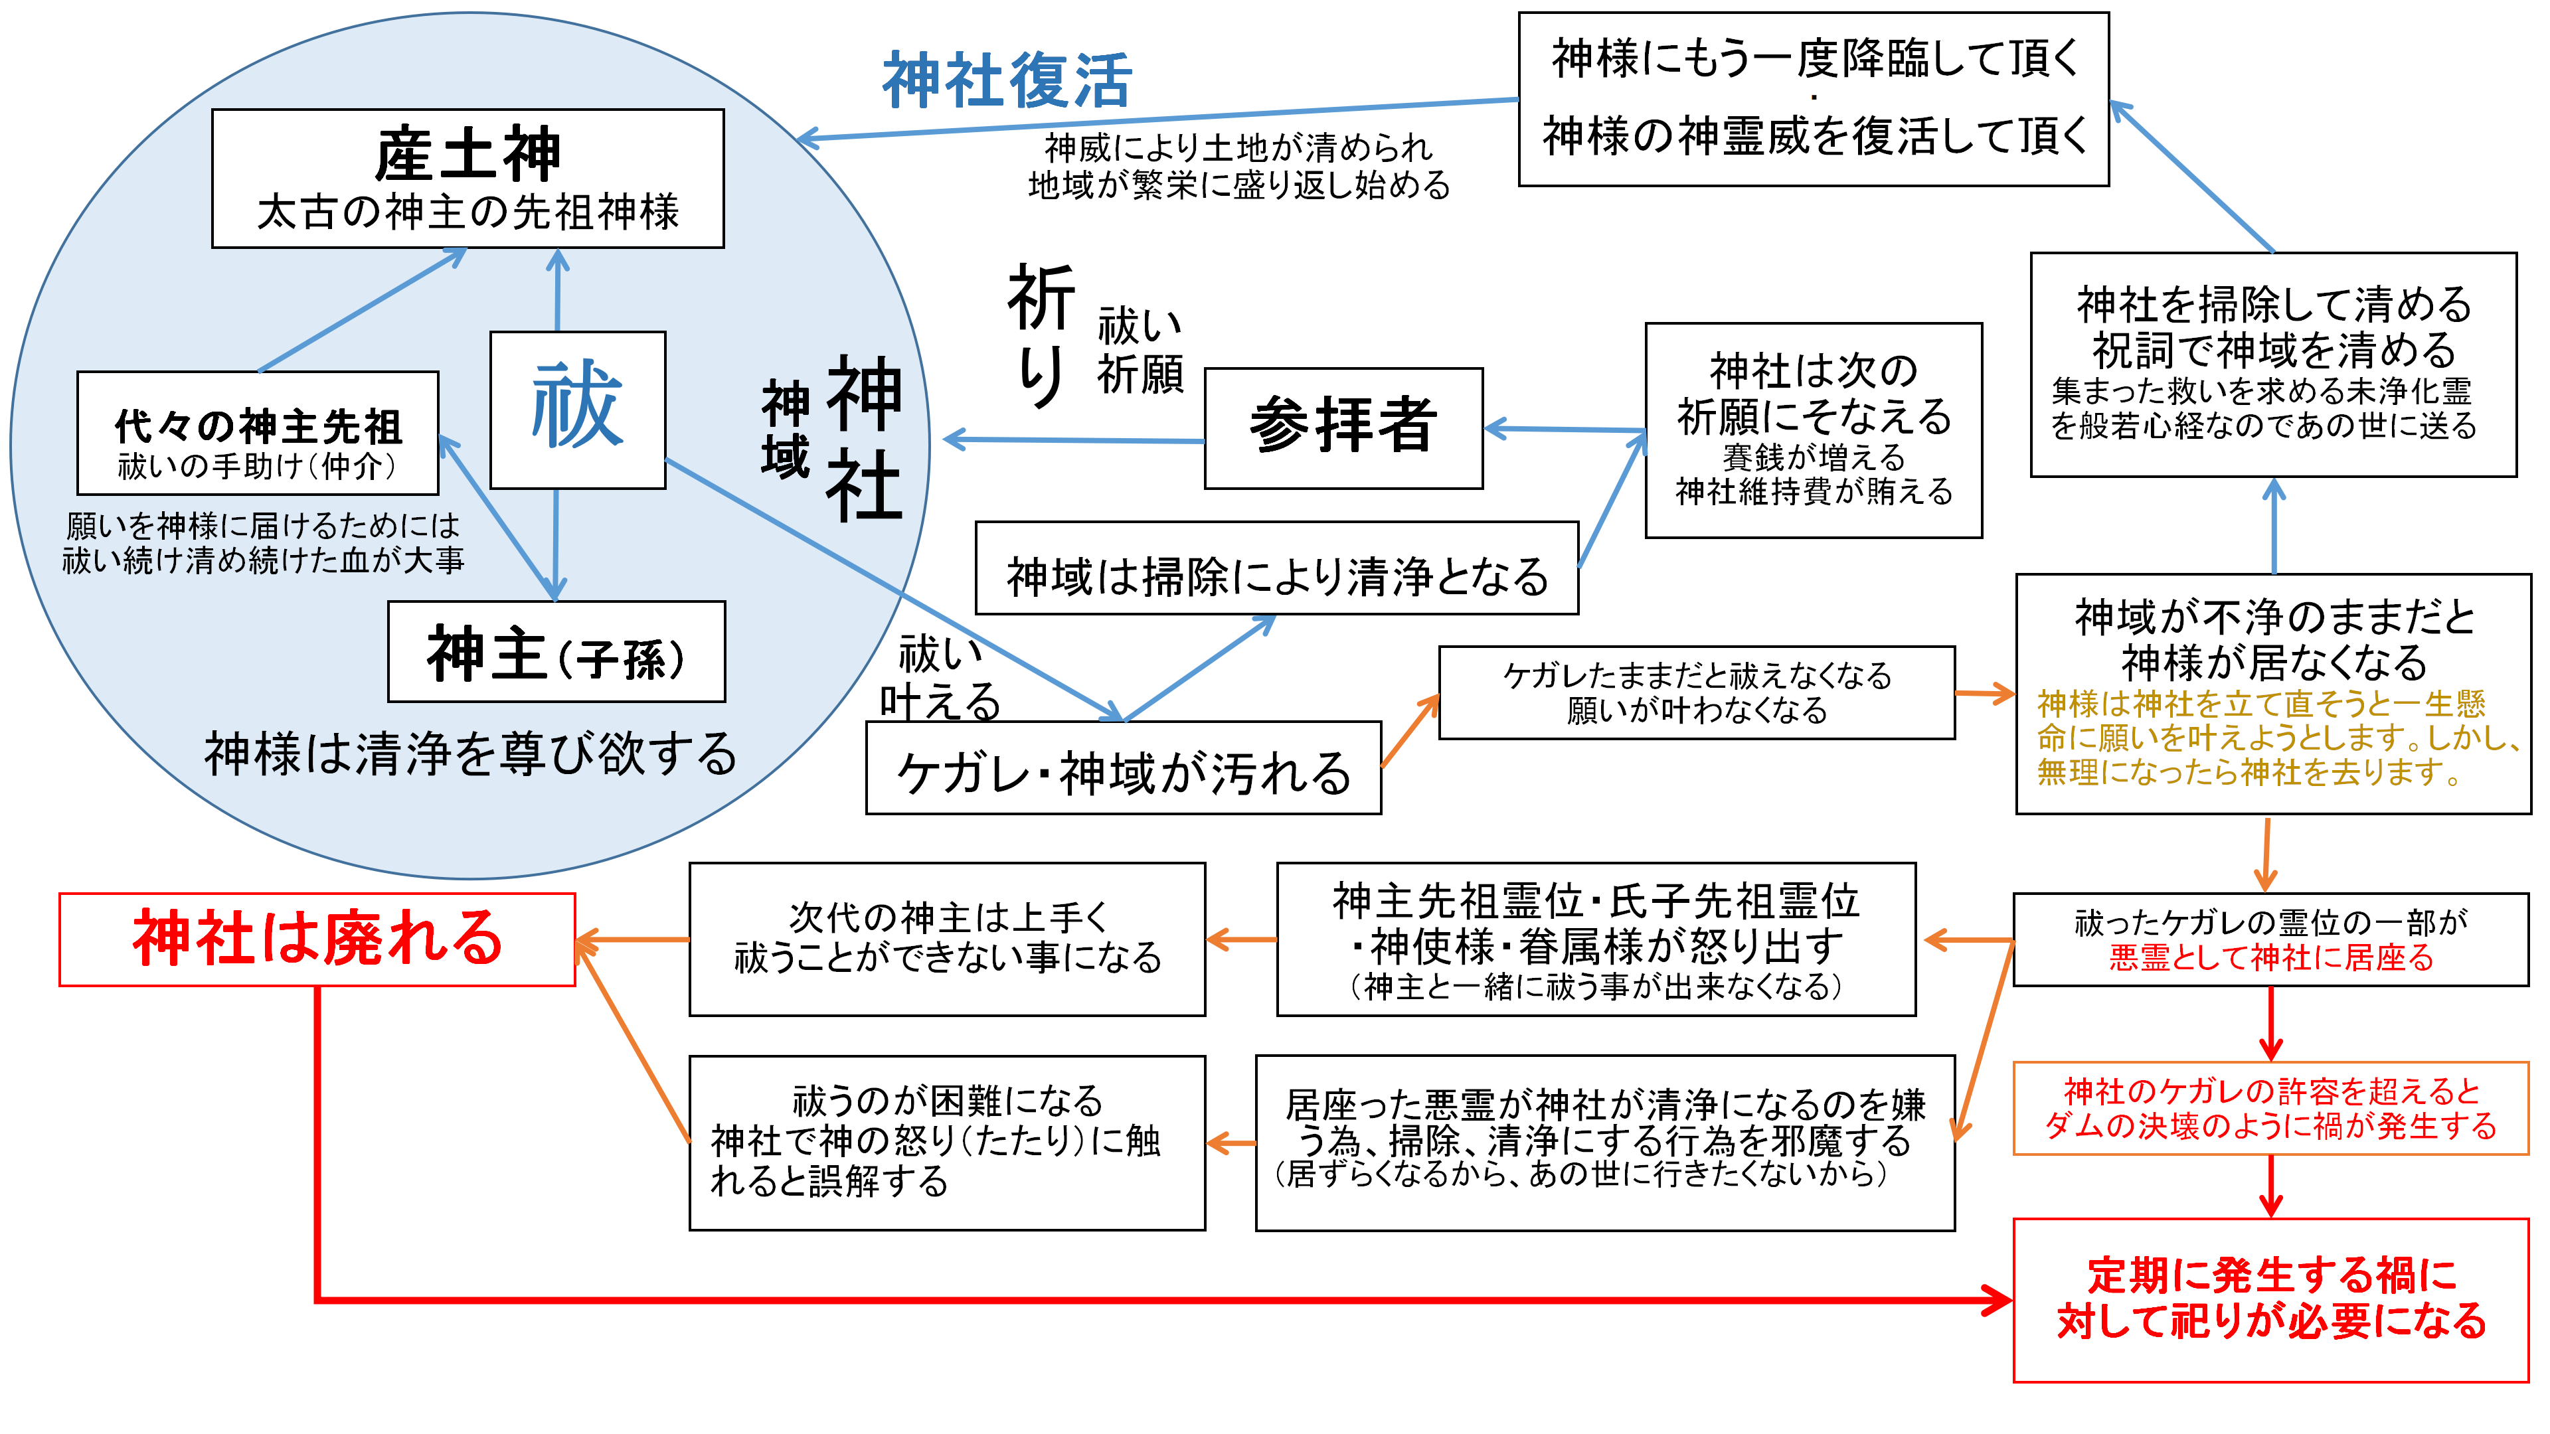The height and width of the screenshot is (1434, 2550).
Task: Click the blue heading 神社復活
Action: (x=1007, y=80)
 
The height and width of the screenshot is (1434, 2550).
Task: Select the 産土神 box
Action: (x=467, y=178)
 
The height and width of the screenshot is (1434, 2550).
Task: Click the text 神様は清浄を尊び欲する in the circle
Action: (x=470, y=754)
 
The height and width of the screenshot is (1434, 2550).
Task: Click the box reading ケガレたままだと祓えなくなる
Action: (x=1696, y=692)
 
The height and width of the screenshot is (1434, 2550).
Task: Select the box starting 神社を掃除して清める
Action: (x=2273, y=364)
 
